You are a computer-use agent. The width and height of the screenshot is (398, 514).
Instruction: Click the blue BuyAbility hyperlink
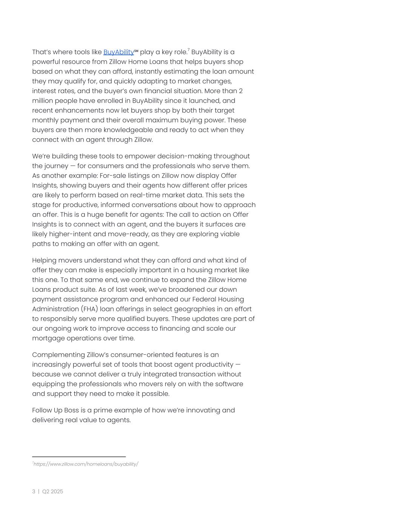tap(118, 52)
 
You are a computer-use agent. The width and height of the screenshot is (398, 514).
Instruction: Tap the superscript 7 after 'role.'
tap(189, 50)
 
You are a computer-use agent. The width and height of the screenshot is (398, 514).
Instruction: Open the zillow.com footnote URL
tap(86, 464)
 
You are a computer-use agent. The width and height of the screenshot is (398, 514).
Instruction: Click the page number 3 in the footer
tap(34, 491)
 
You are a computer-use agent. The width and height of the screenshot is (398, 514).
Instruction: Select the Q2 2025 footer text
tap(53, 491)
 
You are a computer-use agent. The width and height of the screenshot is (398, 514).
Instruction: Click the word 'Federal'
tap(204, 299)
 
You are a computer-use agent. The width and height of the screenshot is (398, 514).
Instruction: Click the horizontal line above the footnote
tap(79, 457)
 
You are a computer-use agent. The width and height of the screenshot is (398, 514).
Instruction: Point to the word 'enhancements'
tap(81, 110)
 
